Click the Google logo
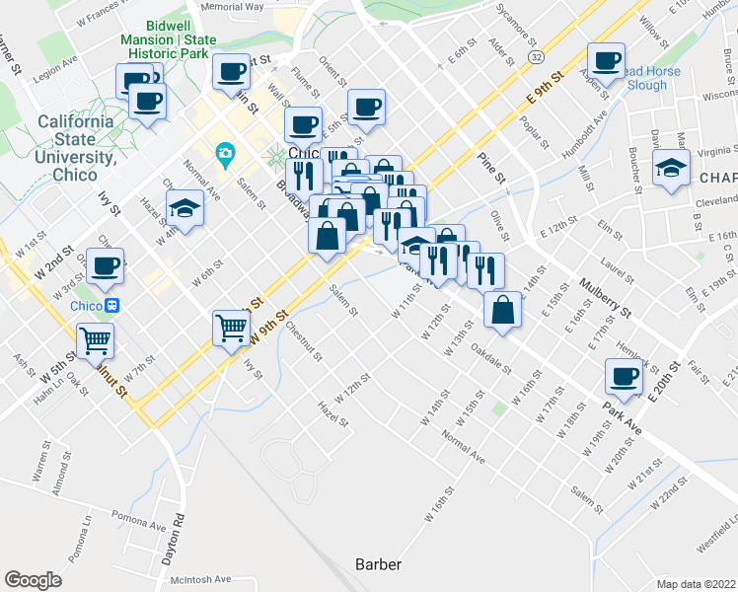tap(33, 580)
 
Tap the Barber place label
tap(378, 564)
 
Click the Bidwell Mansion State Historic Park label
tap(228, 38)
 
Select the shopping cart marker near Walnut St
tap(96, 340)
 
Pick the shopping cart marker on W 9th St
tap(231, 328)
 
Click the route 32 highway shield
tap(535, 58)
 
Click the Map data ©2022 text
tap(696, 583)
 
